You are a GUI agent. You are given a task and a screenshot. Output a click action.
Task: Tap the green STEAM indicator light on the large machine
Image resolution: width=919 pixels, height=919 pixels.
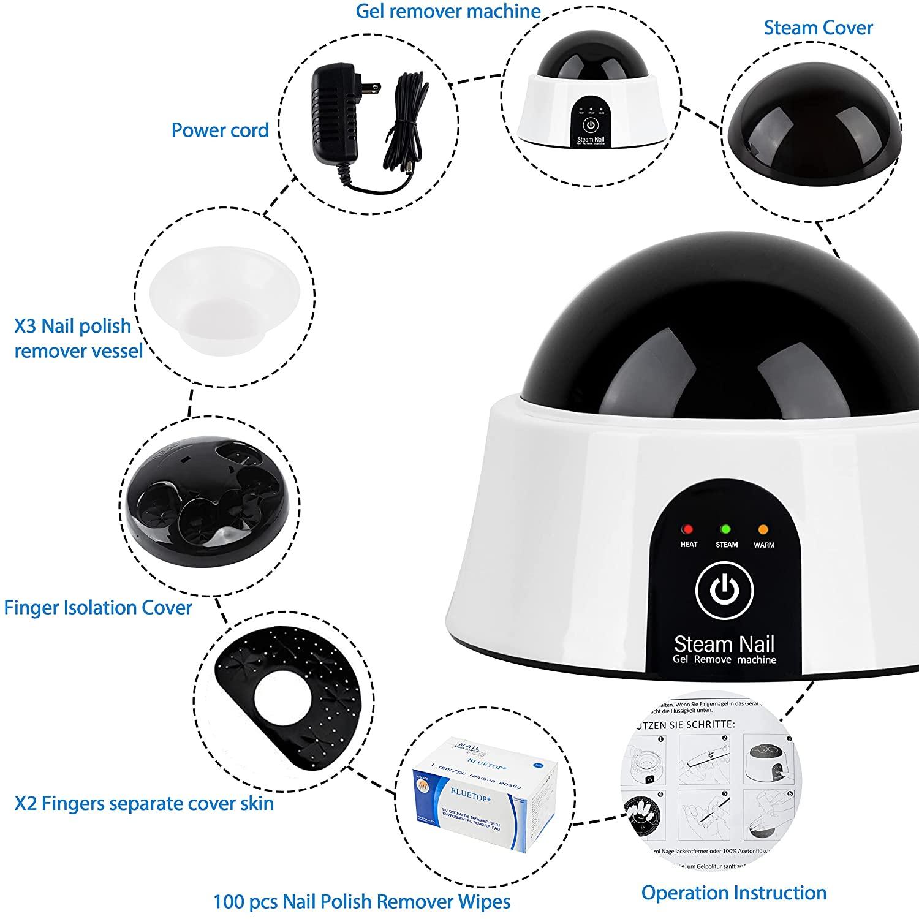[726, 529]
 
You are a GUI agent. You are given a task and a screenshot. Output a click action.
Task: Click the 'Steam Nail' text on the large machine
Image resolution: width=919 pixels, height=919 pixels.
[724, 644]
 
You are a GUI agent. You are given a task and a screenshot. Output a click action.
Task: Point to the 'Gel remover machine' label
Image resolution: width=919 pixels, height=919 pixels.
[448, 11]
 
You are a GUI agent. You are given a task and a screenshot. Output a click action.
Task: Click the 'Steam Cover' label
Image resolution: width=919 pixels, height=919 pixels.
[818, 28]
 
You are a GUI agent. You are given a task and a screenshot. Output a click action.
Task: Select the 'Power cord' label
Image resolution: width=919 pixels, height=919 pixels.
[220, 130]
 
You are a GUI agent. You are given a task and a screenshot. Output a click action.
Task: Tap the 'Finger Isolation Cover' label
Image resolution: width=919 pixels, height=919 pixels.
[98, 607]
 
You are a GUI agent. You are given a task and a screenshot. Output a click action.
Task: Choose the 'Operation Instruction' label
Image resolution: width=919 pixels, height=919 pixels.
[733, 893]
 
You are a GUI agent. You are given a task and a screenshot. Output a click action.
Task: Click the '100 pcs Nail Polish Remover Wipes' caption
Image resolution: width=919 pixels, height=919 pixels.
[361, 902]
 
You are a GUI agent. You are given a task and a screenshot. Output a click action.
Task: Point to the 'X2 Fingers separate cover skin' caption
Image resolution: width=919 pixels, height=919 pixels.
[144, 803]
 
